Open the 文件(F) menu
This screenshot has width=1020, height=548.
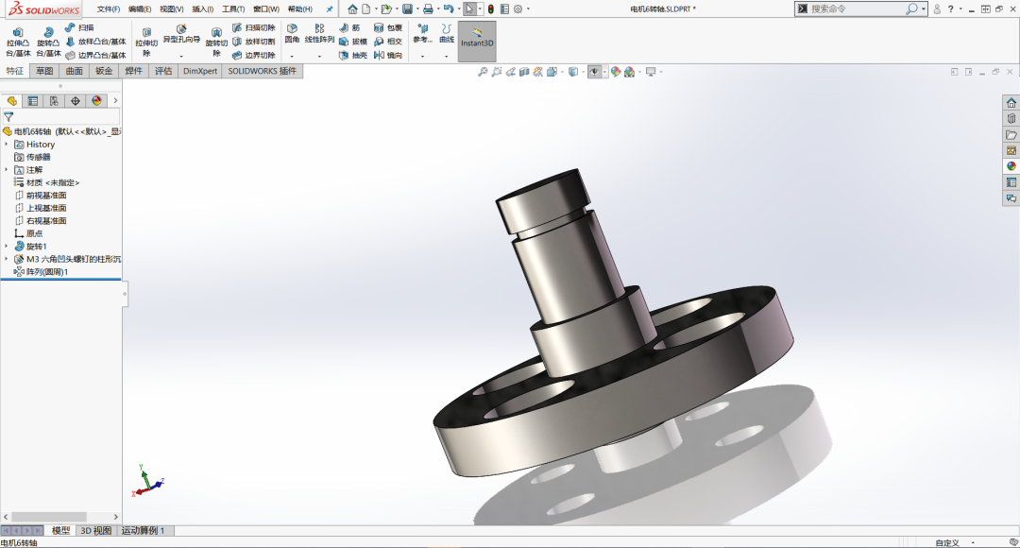click(x=108, y=9)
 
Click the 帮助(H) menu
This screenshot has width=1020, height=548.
click(x=299, y=9)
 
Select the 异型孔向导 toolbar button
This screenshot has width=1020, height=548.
click(x=181, y=34)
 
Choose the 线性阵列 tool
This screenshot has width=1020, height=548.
click(x=319, y=34)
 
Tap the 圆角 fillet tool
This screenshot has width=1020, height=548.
click(x=292, y=34)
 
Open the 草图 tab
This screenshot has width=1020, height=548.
click(x=44, y=71)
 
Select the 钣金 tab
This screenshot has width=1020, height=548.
click(x=104, y=71)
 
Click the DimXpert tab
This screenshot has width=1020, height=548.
click(x=199, y=71)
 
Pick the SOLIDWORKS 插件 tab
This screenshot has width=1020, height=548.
click(x=262, y=71)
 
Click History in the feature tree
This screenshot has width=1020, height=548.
click(x=40, y=145)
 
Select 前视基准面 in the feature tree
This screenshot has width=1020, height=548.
click(x=45, y=196)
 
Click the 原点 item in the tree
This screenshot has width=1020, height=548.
click(x=34, y=233)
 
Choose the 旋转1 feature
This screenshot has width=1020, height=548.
click(x=36, y=247)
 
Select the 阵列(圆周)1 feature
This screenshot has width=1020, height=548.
click(x=46, y=272)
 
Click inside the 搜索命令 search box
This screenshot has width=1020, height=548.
click(x=855, y=9)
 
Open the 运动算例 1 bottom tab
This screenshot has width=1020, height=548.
click(x=143, y=531)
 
